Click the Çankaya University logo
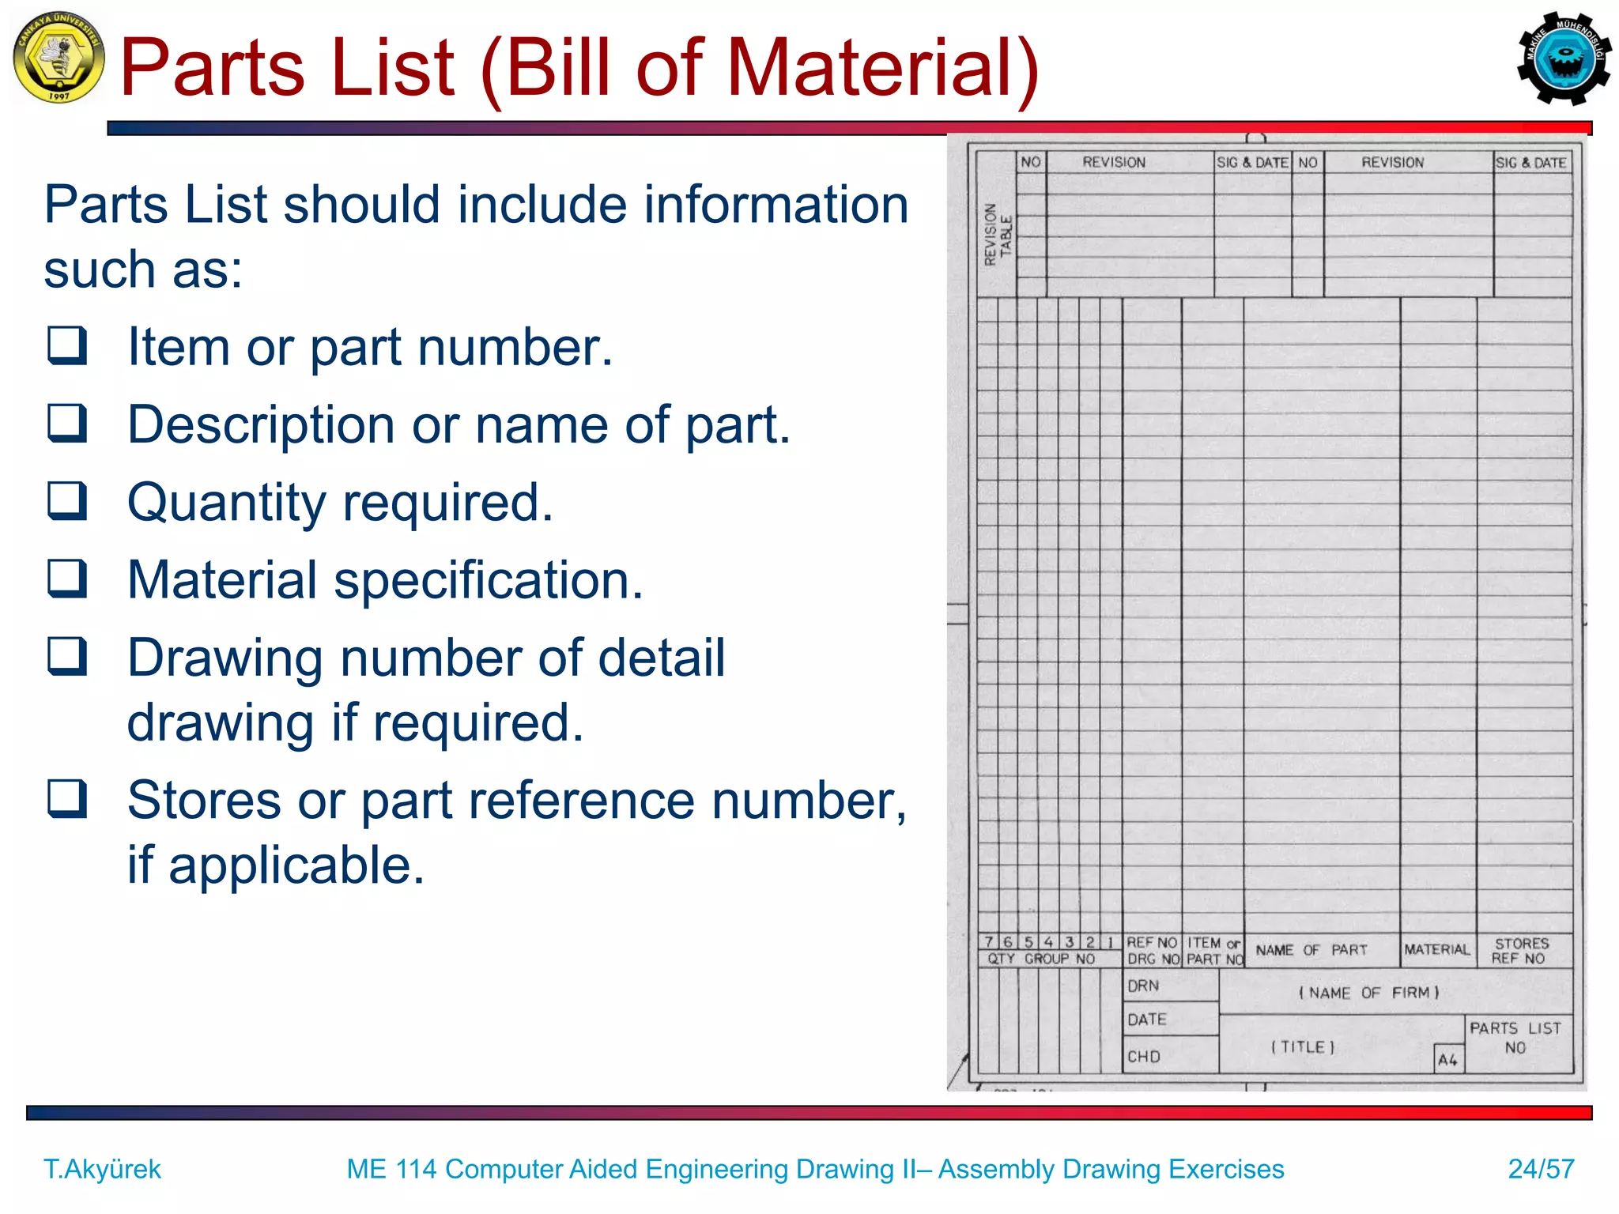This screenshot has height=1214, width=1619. (x=58, y=57)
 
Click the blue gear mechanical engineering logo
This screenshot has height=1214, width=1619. (x=1563, y=58)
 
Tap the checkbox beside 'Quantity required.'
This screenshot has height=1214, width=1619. (x=67, y=500)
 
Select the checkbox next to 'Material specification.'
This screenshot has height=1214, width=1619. (x=67, y=578)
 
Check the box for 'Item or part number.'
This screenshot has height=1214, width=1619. (x=67, y=345)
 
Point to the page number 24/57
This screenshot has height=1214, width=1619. (x=1541, y=1168)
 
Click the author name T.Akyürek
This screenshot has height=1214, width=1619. (x=102, y=1168)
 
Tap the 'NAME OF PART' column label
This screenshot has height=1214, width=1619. (x=1311, y=950)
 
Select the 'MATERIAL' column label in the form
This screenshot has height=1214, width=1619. (x=1437, y=950)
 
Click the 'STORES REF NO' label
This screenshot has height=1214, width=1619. (x=1520, y=951)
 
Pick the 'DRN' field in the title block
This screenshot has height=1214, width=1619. (x=1144, y=986)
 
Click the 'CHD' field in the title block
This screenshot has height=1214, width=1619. (x=1144, y=1057)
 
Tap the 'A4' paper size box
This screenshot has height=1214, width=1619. (x=1448, y=1060)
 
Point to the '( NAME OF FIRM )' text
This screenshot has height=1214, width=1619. (x=1369, y=993)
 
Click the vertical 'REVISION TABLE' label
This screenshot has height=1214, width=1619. (x=996, y=235)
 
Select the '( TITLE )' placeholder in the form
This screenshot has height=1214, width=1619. (x=1303, y=1047)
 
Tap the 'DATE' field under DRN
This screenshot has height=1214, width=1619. (x=1147, y=1020)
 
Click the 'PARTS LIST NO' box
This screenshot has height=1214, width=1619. (x=1515, y=1038)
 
